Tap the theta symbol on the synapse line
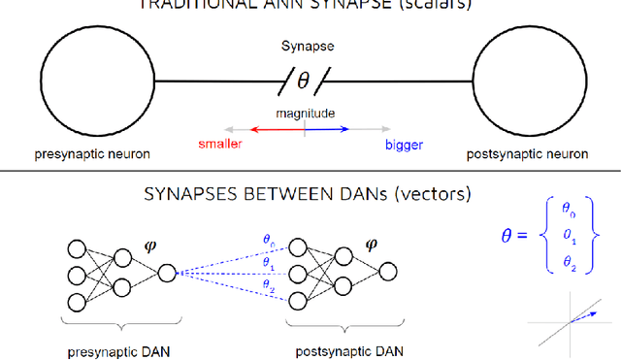(304, 77)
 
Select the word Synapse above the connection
(304, 45)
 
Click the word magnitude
(304, 114)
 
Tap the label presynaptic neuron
(91, 154)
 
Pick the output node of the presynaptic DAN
(167, 274)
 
